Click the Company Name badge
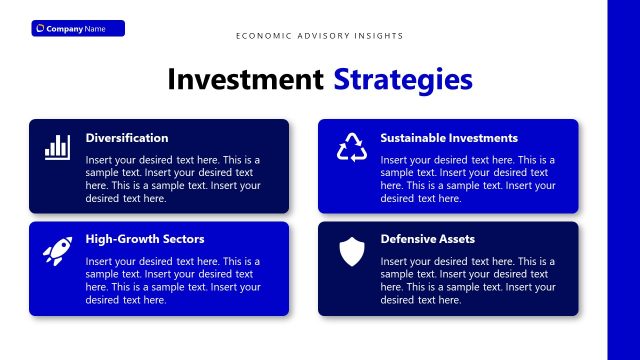point(78,28)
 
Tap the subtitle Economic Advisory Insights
point(320,36)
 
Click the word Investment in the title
point(245,79)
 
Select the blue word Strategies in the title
point(403,79)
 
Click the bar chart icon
point(57,147)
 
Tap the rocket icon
point(57,250)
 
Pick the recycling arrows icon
point(352,147)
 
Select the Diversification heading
point(127,138)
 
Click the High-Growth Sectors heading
point(145,239)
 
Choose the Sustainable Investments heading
point(449,138)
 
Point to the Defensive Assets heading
point(428,239)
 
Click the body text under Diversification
point(173,179)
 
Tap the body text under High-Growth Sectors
point(173,280)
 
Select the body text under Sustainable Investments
point(468,179)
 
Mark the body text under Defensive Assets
point(468,280)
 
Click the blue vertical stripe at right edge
point(623,180)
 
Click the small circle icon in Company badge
point(40,29)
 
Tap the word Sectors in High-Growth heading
point(182,239)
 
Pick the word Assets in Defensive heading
point(456,239)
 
